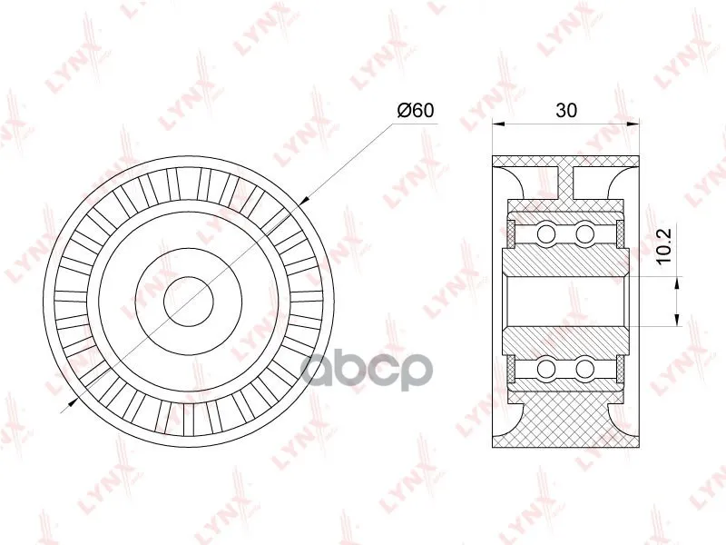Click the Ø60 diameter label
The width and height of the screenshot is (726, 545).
[416, 110]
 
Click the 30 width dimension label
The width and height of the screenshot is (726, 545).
[566, 110]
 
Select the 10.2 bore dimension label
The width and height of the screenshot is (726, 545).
[664, 246]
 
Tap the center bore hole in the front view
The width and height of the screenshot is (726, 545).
[189, 302]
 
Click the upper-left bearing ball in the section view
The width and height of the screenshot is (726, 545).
[546, 233]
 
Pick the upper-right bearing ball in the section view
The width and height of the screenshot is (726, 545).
[584, 233]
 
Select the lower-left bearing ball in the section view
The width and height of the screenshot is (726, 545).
[546, 369]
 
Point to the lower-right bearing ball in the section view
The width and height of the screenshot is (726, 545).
[584, 369]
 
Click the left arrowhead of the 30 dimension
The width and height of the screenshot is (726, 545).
[498, 124]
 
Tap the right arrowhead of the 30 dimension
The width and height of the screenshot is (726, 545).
[633, 124]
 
